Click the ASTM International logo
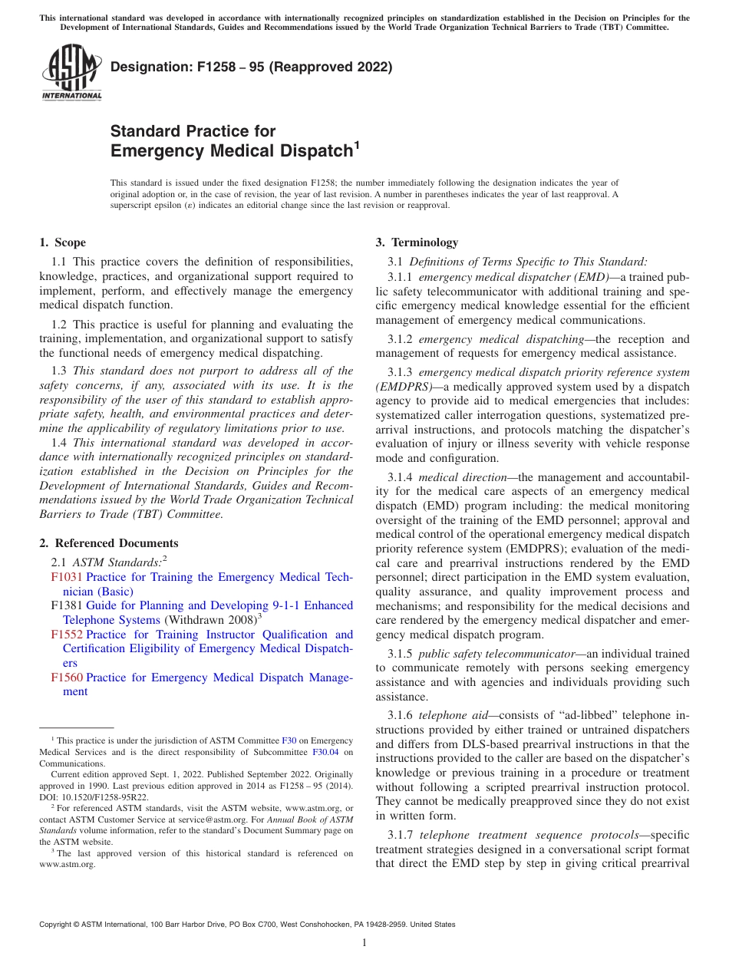[71, 73]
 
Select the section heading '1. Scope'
[62, 242]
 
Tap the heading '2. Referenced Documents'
[108, 543]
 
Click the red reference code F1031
[67, 577]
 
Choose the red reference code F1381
[67, 605]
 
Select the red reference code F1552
[67, 635]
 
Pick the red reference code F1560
[67, 678]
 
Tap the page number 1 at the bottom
[364, 943]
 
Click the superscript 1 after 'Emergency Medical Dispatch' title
[355, 143]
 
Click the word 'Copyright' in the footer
[56, 925]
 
